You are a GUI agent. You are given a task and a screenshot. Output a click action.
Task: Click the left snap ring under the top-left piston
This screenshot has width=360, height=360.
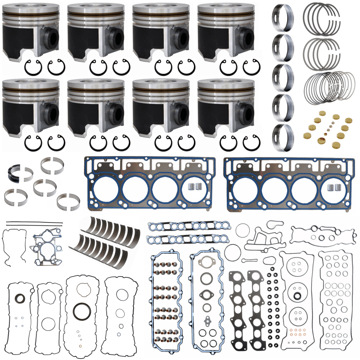coord(33,67)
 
